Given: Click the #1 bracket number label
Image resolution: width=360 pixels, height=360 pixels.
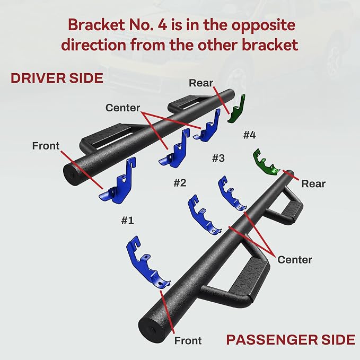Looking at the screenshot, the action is (x=127, y=221).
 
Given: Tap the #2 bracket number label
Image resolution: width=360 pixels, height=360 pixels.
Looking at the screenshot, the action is (x=180, y=183).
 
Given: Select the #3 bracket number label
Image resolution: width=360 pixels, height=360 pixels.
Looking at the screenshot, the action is (x=218, y=158).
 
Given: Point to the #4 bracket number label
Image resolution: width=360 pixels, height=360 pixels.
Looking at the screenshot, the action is (x=249, y=135).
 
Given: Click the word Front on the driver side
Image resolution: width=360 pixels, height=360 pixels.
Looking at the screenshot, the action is (x=46, y=146).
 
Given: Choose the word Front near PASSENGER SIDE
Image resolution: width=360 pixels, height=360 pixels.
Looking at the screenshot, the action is (x=188, y=340).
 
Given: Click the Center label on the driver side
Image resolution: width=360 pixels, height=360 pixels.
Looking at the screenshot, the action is (x=122, y=108).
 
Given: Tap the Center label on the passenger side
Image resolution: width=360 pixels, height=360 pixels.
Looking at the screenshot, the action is (x=295, y=260).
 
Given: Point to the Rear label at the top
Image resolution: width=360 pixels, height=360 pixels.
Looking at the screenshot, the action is (x=200, y=83).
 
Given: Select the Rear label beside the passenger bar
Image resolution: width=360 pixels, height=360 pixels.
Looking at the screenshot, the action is (x=313, y=183).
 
